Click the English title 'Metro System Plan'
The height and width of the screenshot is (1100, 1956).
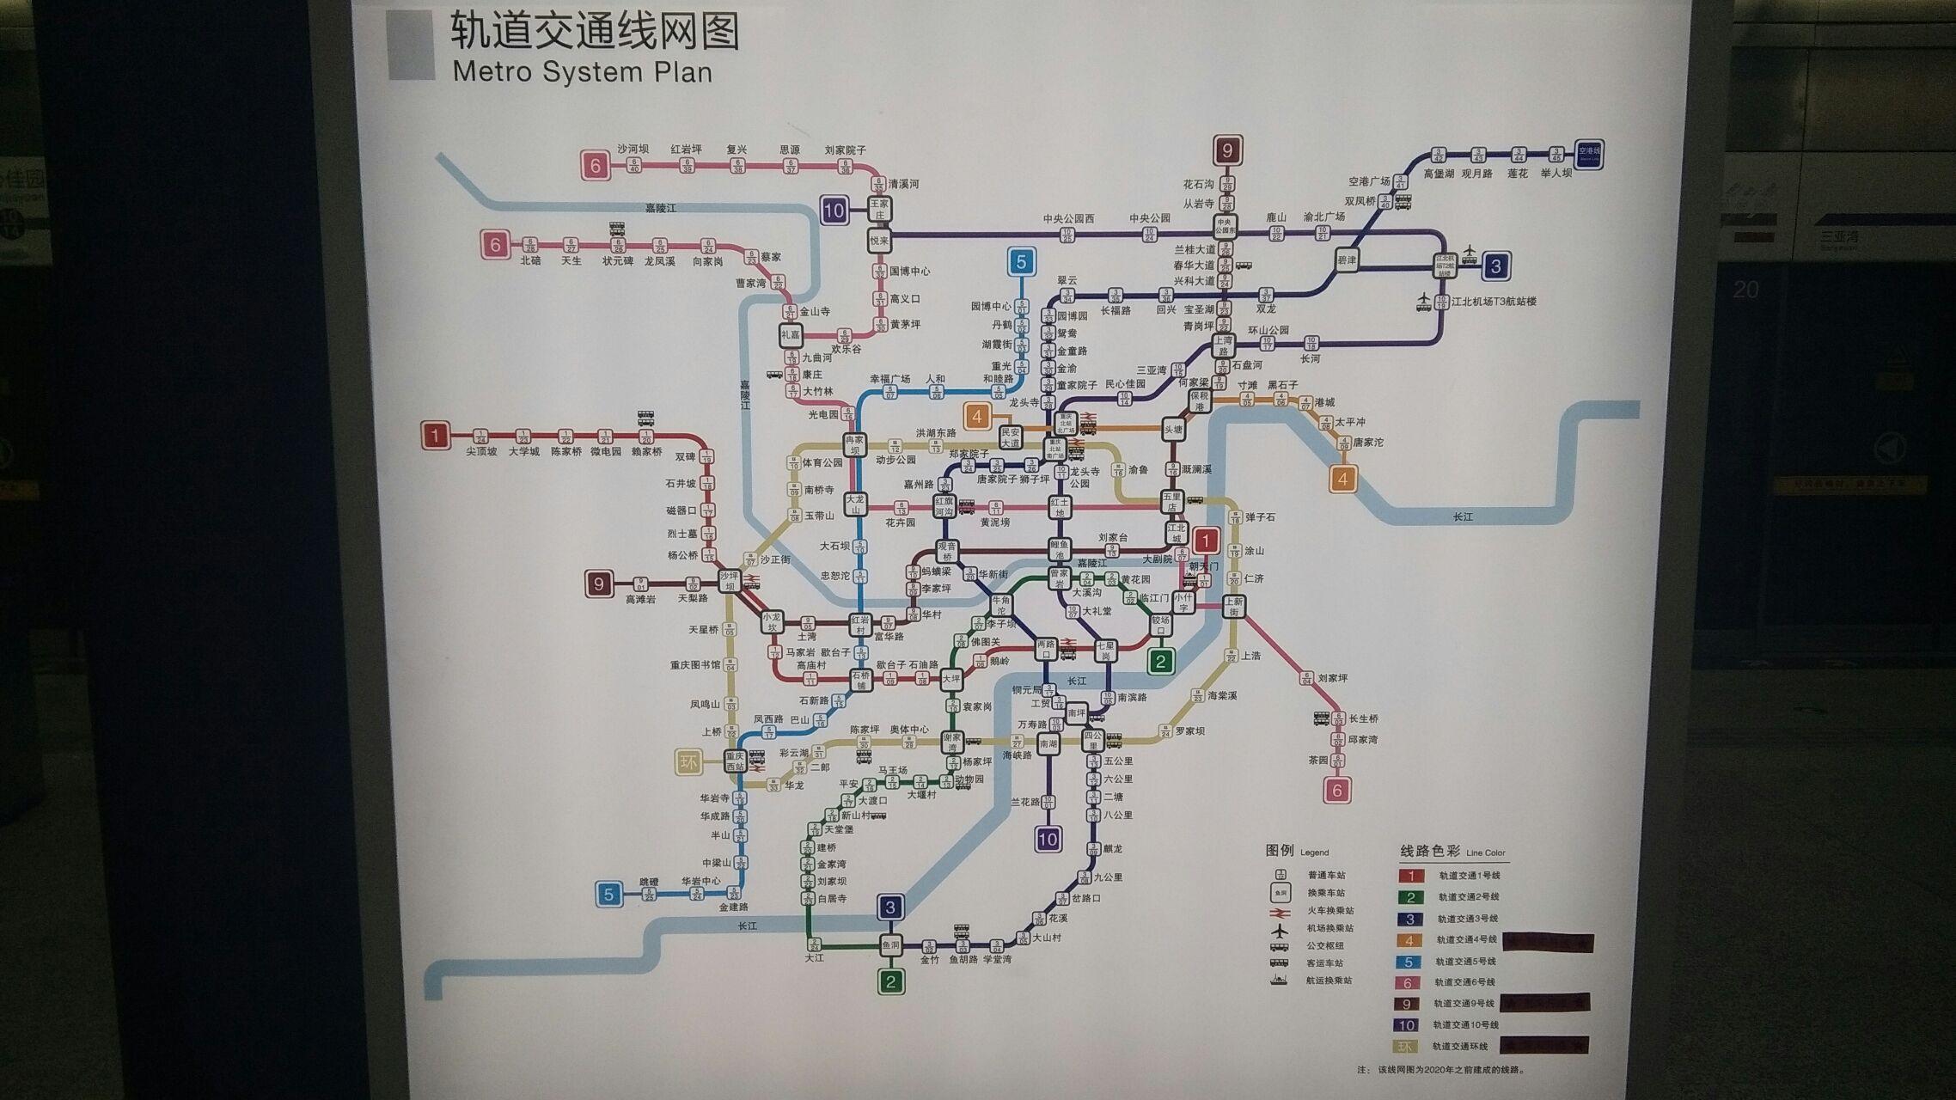click(582, 72)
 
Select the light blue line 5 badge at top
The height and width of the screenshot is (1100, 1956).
click(1021, 261)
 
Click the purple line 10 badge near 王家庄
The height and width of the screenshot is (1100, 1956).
click(834, 211)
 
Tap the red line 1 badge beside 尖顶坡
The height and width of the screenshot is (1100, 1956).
click(435, 436)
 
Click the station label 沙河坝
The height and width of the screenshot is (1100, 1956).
click(633, 149)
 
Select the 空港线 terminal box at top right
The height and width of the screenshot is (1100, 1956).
click(1588, 155)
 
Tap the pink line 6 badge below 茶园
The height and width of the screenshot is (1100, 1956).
click(1336, 789)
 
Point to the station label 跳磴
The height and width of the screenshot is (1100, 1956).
click(649, 882)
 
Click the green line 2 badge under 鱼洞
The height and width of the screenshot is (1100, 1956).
click(890, 981)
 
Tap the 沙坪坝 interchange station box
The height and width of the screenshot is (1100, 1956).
click(730, 581)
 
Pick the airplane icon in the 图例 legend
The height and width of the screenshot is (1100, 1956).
click(1281, 929)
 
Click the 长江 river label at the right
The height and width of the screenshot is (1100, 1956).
click(1462, 516)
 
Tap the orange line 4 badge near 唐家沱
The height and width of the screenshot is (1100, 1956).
click(1342, 479)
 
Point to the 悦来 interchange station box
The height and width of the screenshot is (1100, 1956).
click(878, 241)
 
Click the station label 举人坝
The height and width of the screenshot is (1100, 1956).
click(1556, 173)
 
